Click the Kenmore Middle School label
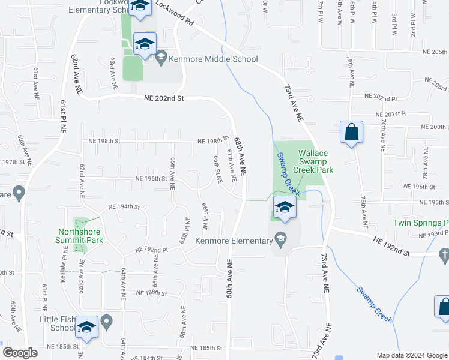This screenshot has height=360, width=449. [x=214, y=59]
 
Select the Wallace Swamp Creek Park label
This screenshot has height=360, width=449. [x=313, y=161]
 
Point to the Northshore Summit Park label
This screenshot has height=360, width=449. [x=80, y=236]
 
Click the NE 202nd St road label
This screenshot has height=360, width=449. [x=163, y=98]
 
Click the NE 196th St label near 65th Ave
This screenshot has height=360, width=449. [x=150, y=178]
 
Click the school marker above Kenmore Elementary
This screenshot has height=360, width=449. [x=285, y=208]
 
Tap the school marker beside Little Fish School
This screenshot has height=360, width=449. [x=87, y=327]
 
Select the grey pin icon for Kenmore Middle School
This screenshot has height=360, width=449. [x=161, y=59]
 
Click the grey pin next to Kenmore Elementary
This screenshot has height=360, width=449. [x=280, y=240]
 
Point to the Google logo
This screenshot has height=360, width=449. [x=20, y=353]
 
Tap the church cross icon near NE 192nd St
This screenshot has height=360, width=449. [x=444, y=256]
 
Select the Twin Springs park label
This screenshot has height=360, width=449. [x=421, y=223]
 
